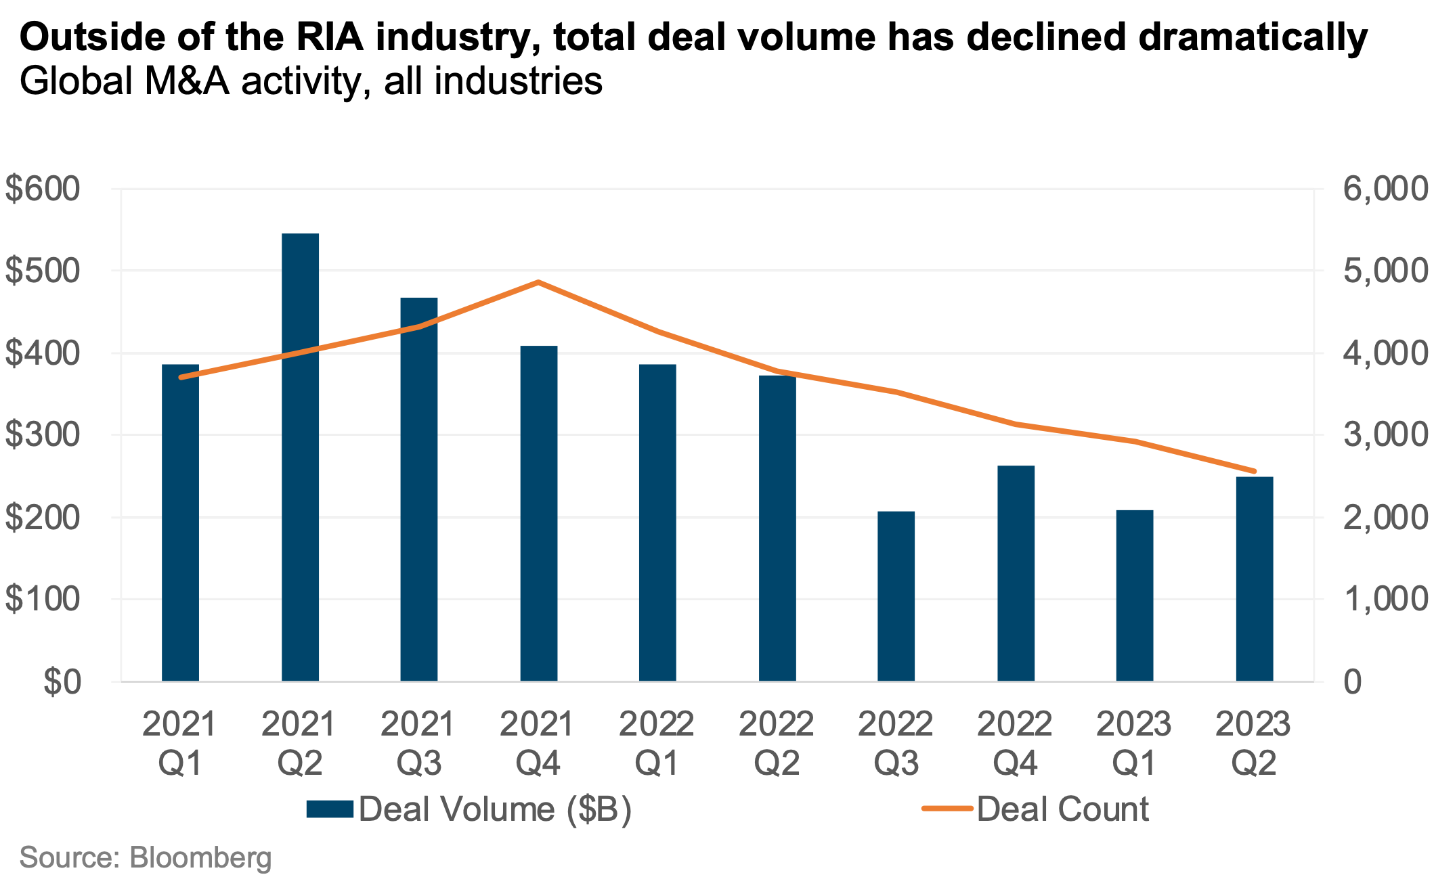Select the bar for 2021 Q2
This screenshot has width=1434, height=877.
tap(300, 457)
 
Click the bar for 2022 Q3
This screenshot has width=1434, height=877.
tap(896, 595)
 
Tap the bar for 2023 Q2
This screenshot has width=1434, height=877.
tap(1254, 579)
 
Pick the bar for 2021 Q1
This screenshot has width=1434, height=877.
tap(180, 522)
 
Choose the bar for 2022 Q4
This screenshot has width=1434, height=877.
tap(1016, 573)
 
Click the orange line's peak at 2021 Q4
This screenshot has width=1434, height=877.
tap(538, 282)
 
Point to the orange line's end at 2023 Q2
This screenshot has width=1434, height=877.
tap(1254, 471)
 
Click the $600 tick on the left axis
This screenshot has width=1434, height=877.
tap(42, 189)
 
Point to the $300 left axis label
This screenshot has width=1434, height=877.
tap(42, 435)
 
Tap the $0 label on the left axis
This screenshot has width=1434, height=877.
tap(62, 682)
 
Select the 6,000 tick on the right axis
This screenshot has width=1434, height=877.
tap(1385, 189)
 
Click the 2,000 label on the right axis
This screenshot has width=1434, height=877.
tap(1385, 518)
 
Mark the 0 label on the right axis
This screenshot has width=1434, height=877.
tap(1352, 682)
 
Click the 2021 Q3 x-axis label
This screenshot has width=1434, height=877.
tap(418, 743)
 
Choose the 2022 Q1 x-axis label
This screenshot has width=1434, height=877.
tap(657, 743)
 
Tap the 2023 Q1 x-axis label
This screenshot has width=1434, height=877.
tap(1134, 743)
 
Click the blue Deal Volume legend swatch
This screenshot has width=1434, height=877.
tap(330, 809)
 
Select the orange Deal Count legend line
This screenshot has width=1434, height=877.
tap(947, 809)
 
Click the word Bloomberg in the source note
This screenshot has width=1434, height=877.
tap(200, 858)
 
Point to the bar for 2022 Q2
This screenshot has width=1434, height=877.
tap(777, 528)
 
